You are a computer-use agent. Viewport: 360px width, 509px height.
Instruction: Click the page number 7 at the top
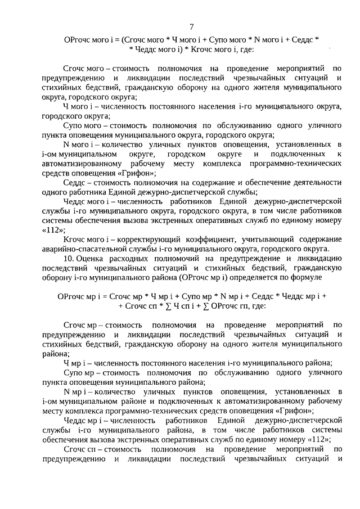pyautogui.click(x=192, y=27)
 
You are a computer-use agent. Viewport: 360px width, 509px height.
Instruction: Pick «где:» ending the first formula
pyautogui.click(x=245, y=49)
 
